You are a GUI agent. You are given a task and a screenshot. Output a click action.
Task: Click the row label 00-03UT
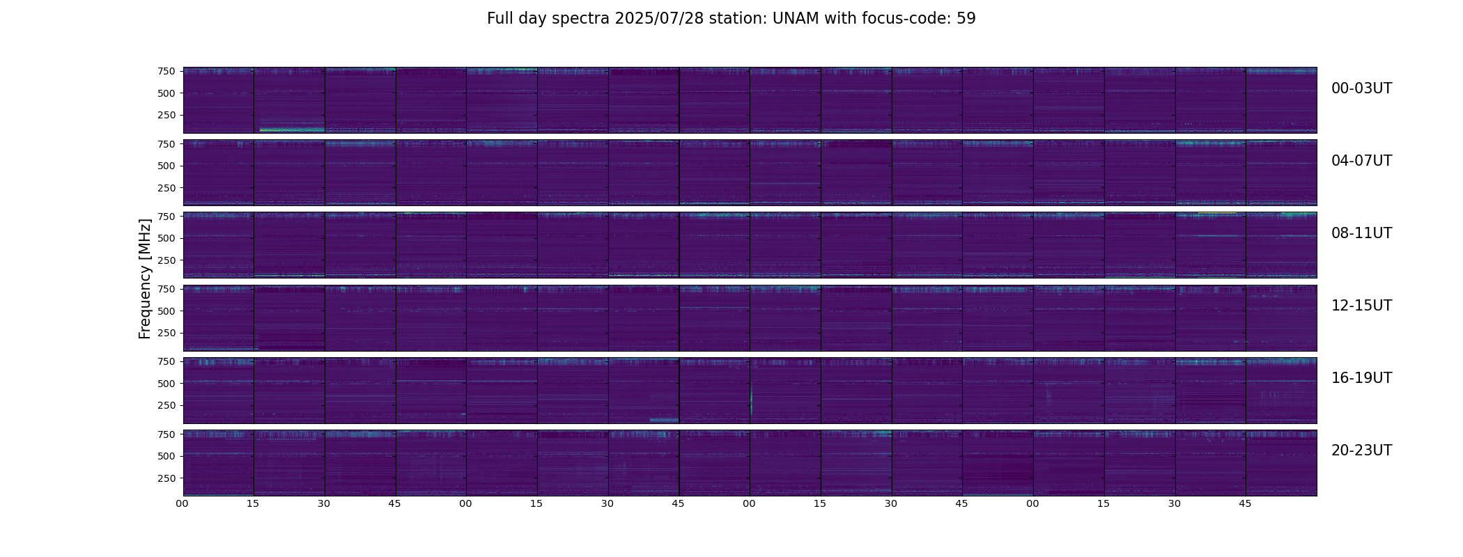(x=1361, y=88)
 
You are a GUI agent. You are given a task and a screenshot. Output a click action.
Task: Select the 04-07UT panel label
(x=1361, y=161)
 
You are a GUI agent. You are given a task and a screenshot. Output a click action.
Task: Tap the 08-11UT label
(x=1361, y=233)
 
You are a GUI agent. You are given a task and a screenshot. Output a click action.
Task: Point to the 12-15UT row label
(x=1361, y=306)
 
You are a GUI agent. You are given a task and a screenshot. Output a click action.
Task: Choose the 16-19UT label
(x=1361, y=378)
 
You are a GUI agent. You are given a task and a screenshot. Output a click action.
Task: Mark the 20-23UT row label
(x=1361, y=450)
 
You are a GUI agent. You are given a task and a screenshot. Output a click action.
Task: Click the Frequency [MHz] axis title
(x=145, y=278)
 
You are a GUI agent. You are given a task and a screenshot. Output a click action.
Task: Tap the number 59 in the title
(x=966, y=19)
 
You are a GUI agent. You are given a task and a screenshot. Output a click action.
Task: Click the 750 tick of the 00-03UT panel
(x=167, y=71)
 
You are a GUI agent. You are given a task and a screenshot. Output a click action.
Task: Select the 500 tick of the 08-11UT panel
(x=167, y=238)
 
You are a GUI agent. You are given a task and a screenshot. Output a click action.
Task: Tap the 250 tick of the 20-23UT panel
(x=167, y=478)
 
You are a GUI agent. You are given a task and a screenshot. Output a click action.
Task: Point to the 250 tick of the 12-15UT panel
(x=167, y=333)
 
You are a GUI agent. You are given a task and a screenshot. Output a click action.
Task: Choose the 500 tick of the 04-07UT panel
(x=167, y=166)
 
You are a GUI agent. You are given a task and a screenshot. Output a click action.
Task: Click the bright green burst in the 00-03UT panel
(x=291, y=130)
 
